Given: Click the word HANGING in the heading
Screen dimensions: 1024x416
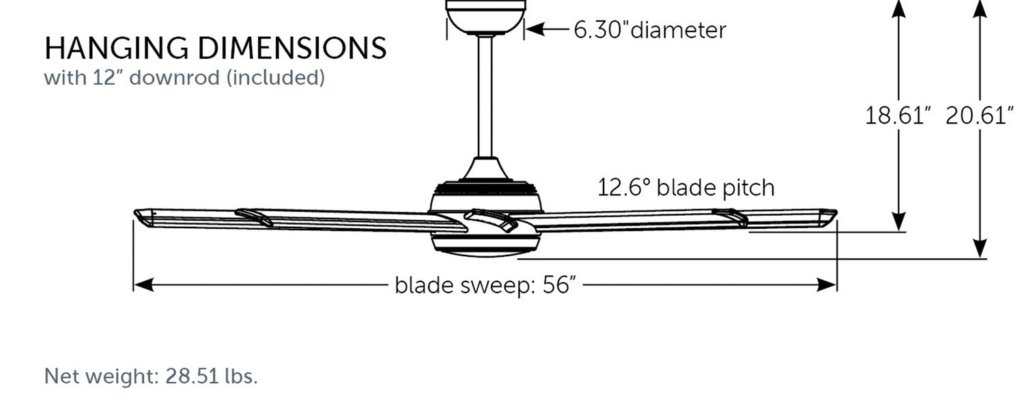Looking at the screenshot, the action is (x=116, y=48).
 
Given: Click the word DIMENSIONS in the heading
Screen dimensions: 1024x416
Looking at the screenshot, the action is (x=292, y=48).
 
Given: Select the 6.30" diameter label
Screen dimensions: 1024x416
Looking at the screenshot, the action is (x=650, y=30).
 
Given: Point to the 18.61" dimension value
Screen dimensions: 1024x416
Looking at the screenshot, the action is (x=898, y=115).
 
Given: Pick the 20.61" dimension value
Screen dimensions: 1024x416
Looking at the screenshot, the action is (x=979, y=115).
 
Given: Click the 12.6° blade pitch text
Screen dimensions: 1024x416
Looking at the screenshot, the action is (x=685, y=188).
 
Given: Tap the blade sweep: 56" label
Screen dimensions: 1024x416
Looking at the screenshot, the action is (x=485, y=285).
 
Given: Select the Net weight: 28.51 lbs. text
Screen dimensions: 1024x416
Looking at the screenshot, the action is (x=151, y=376).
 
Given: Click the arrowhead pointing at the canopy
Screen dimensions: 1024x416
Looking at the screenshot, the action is (x=535, y=29).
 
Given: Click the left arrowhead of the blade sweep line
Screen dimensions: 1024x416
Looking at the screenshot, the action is (x=143, y=285).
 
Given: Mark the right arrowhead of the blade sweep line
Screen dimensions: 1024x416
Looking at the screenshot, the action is (x=827, y=285).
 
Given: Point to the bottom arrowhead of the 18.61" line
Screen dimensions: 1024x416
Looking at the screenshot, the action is (x=899, y=221).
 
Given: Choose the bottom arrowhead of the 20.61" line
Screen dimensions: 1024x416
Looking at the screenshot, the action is (x=980, y=248).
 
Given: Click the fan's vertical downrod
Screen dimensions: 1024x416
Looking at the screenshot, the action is (x=485, y=96).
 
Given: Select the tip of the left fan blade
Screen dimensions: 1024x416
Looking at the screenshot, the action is (x=136, y=213).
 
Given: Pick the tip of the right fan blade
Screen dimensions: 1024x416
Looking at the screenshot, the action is (x=836, y=213).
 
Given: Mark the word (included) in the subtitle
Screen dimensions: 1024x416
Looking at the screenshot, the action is (x=276, y=77).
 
